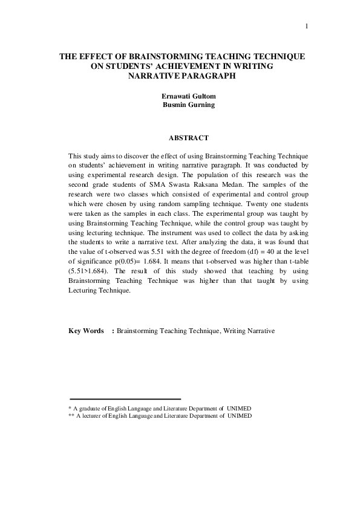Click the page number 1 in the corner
307,26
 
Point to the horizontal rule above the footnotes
126,399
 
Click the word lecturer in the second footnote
96,416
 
